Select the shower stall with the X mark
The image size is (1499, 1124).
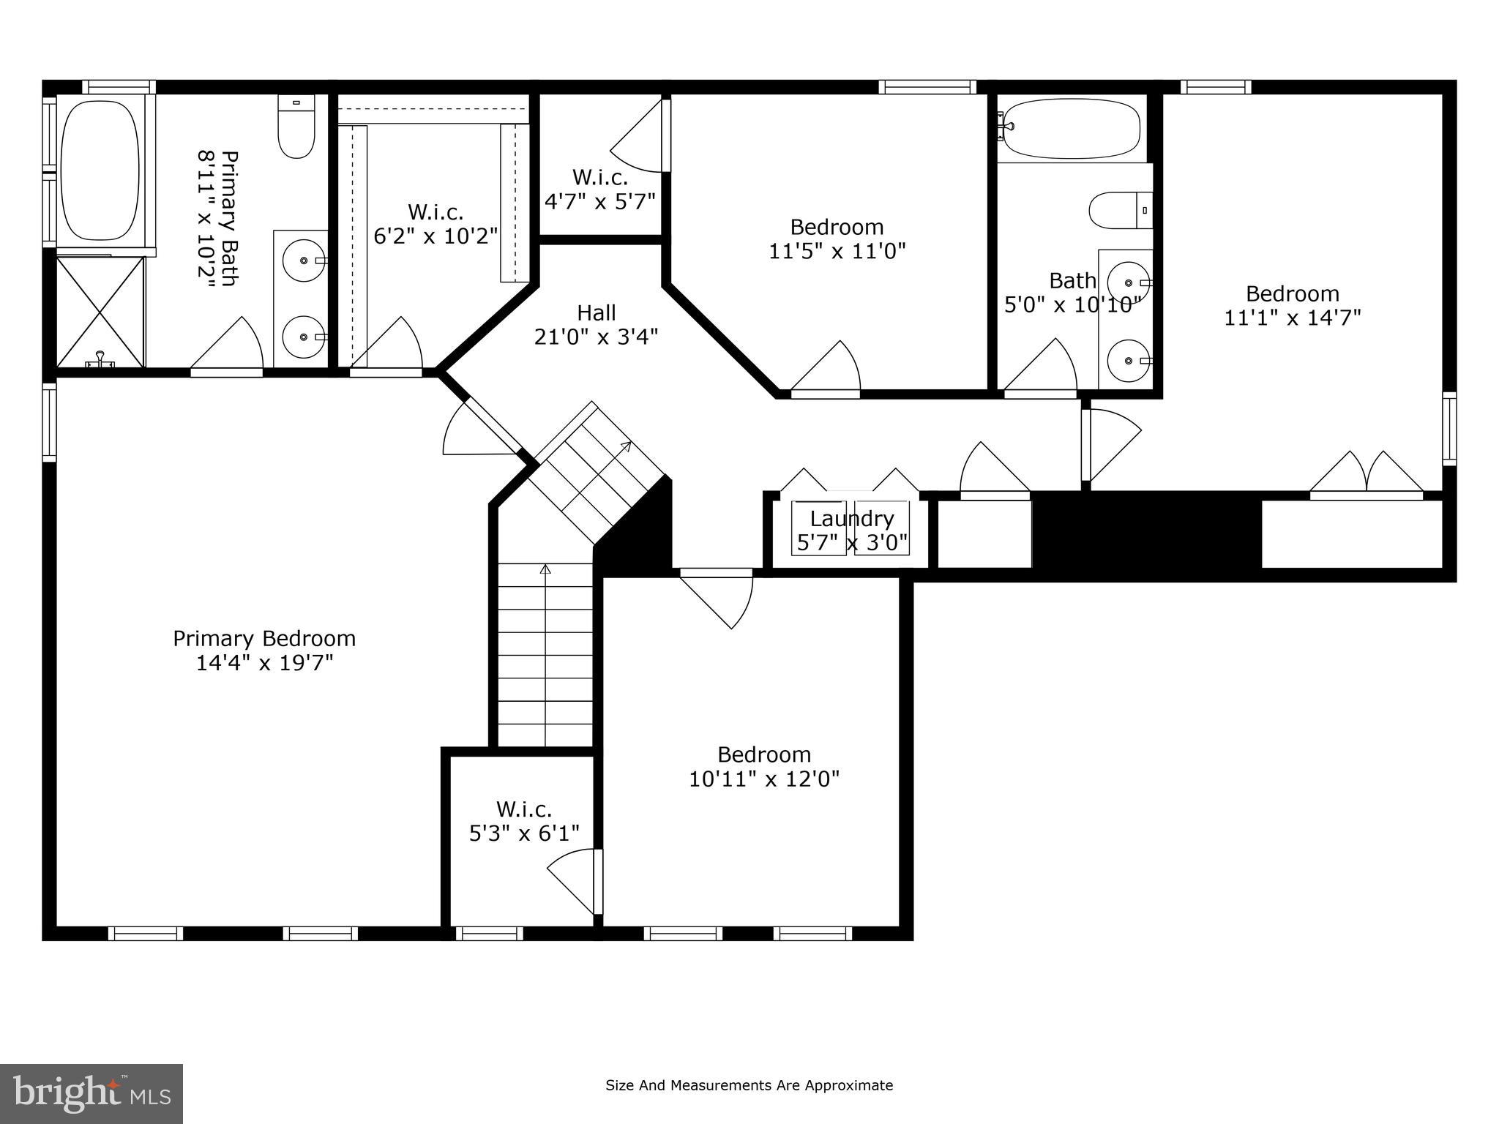(x=100, y=311)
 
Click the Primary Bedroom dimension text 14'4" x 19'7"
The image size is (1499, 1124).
(x=264, y=663)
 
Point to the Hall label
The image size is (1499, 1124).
(x=596, y=313)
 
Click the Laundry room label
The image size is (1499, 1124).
(x=852, y=519)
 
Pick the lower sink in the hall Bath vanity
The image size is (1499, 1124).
(x=1128, y=361)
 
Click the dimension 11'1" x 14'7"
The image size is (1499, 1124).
(x=1293, y=318)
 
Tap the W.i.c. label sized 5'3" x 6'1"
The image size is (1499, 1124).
(x=524, y=809)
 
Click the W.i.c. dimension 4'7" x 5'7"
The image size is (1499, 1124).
(x=599, y=201)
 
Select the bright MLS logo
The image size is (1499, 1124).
(x=91, y=1093)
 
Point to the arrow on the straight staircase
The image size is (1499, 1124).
(x=545, y=570)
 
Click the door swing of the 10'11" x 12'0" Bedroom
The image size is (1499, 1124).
(x=721, y=596)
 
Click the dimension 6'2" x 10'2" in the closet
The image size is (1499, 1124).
(x=436, y=236)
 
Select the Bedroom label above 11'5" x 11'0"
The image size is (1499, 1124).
(x=837, y=227)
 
